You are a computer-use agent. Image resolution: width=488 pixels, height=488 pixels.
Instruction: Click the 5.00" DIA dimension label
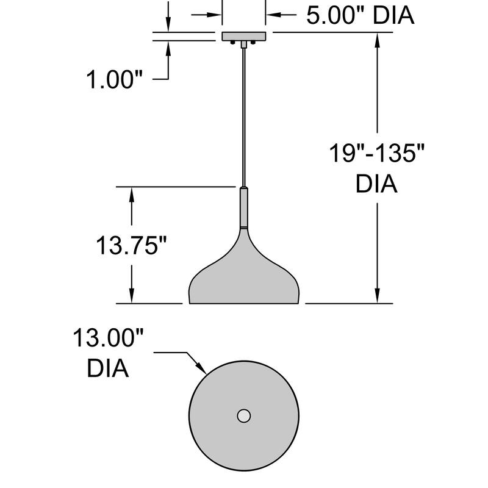click(x=360, y=16)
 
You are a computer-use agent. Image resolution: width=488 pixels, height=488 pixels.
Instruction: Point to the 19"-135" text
click(x=376, y=152)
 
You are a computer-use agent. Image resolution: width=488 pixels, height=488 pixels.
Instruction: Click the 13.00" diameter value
click(x=109, y=337)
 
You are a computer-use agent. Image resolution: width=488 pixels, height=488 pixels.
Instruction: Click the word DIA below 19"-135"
click(x=376, y=184)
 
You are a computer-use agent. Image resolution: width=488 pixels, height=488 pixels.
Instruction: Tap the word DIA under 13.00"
click(x=108, y=368)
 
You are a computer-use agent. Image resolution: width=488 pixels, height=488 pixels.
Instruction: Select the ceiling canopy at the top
click(x=244, y=37)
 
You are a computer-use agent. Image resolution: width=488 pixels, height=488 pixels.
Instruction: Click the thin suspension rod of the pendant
click(x=244, y=116)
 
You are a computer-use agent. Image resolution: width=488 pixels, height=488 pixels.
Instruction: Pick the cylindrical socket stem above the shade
click(x=244, y=207)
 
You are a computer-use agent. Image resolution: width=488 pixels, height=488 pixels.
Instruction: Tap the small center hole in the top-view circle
click(x=244, y=416)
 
